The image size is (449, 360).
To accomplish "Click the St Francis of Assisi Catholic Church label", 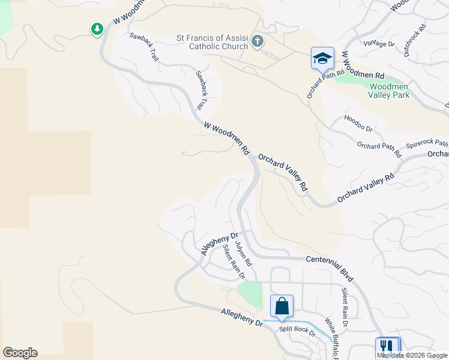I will pos(212,41).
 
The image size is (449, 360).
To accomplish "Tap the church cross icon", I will pos(257,41).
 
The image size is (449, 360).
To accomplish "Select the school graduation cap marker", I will pos(322,58).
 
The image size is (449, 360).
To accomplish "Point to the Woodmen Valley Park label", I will pos(388,91).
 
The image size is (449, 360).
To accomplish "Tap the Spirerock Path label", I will pos(427,144).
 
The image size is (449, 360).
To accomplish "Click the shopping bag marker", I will pos(282,307).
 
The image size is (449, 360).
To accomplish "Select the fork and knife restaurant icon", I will pos(387,347).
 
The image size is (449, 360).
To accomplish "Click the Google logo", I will pos(20,353).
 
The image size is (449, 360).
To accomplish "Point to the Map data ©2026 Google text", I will pos(412,355).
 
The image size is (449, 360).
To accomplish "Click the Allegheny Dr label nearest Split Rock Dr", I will pos(242,317).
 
